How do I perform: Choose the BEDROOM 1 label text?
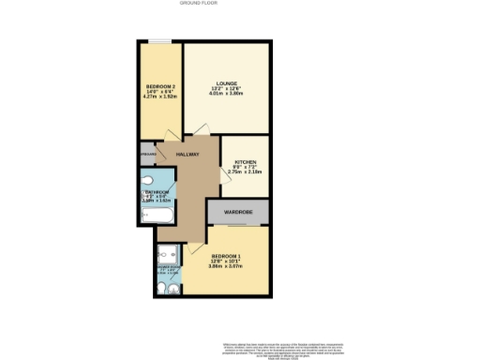pyautogui.click(x=225, y=256)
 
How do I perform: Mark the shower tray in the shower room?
pyautogui.click(x=169, y=252)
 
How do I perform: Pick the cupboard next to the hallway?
pyautogui.click(x=147, y=154)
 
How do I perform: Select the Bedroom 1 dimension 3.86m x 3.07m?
pyautogui.click(x=225, y=267)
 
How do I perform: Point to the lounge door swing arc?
pyautogui.click(x=199, y=132)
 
